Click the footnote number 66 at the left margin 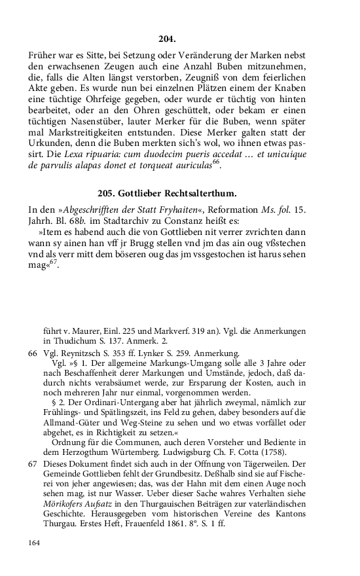(x=33, y=353)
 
